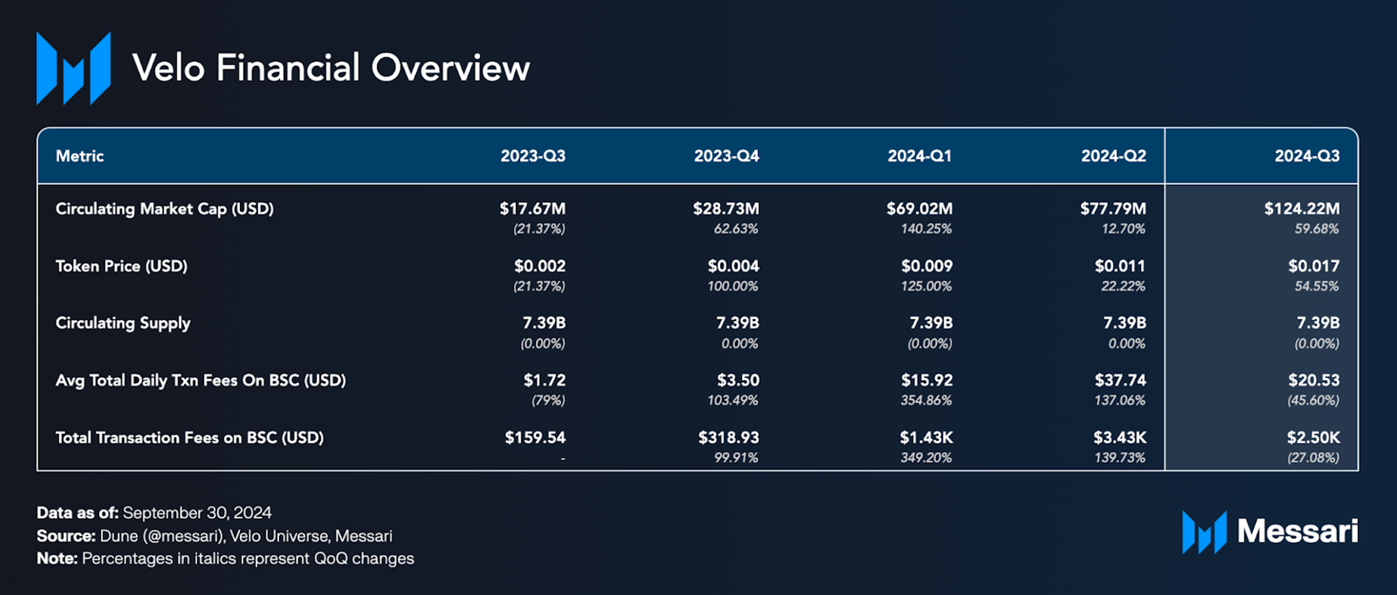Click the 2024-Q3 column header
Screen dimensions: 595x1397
(x=1306, y=156)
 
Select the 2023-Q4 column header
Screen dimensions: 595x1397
(x=726, y=156)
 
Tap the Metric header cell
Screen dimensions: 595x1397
(x=80, y=156)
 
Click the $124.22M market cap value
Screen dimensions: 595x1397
(x=1301, y=209)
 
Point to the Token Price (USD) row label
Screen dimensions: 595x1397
(x=121, y=266)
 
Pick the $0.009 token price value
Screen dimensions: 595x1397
(x=926, y=266)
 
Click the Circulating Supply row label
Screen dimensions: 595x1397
(x=123, y=323)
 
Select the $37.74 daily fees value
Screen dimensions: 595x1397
(x=1120, y=380)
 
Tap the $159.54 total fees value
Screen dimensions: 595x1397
(x=535, y=438)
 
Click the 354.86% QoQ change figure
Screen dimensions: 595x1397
(x=926, y=401)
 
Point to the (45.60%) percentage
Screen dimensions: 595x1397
(x=1313, y=401)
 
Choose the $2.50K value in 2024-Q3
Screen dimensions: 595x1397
(x=1313, y=438)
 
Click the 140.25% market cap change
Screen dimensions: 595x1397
(x=926, y=229)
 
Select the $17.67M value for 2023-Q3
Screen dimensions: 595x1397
(x=532, y=209)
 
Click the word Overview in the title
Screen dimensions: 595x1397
(x=450, y=68)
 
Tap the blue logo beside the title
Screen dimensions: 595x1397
(x=73, y=69)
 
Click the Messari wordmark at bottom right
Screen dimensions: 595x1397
(x=1297, y=531)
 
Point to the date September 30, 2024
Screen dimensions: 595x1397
(x=197, y=513)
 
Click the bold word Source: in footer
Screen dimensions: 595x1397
(x=66, y=536)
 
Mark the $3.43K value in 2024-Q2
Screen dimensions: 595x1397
(x=1119, y=438)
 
